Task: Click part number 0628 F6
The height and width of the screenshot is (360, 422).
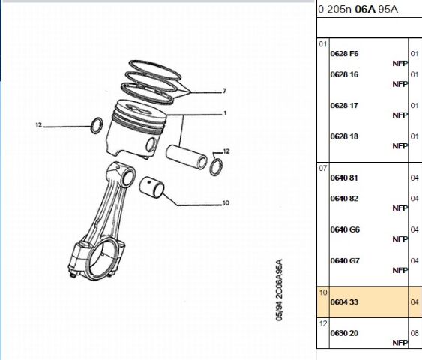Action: point(344,54)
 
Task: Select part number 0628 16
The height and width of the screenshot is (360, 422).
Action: point(344,75)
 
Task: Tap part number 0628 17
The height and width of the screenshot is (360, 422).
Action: point(344,106)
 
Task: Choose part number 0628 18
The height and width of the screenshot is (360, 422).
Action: point(344,136)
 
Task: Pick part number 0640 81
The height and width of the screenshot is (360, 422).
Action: point(344,178)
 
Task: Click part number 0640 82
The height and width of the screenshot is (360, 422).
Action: point(344,199)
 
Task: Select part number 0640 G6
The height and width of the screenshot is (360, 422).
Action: point(344,229)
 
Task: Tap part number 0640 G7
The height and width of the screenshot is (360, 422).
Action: point(344,260)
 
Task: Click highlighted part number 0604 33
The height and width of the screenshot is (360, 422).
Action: point(344,301)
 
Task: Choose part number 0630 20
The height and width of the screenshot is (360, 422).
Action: point(344,332)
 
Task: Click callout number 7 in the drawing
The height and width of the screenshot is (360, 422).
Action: point(223,91)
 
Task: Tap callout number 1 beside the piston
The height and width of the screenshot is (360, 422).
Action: point(223,113)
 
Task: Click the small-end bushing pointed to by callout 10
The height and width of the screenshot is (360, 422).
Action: point(154,184)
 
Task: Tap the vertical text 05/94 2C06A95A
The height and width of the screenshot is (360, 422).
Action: point(279,292)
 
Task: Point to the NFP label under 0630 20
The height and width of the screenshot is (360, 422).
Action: point(400,342)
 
